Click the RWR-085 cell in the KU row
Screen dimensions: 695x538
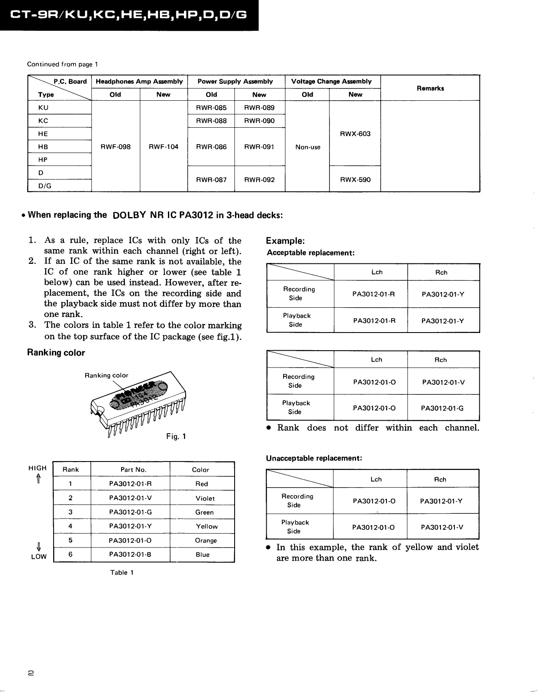[211, 107]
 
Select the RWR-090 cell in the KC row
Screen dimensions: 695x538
[259, 121]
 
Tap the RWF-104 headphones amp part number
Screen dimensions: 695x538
[163, 147]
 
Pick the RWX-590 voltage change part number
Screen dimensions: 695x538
[355, 180]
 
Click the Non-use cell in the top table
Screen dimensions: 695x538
[308, 147]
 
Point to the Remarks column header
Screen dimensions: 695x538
[430, 88]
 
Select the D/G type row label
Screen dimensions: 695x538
[45, 186]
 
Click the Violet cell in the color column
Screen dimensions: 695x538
[205, 498]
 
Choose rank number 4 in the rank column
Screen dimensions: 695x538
[70, 526]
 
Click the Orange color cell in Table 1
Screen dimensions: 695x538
[205, 540]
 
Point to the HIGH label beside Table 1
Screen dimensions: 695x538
[38, 468]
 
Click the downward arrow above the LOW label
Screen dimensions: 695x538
[38, 547]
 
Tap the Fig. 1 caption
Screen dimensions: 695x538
[176, 437]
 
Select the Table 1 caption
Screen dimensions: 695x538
[122, 572]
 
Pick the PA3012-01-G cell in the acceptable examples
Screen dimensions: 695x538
[442, 408]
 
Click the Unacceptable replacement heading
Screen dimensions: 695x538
[314, 458]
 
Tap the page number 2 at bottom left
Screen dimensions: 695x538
[31, 673]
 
